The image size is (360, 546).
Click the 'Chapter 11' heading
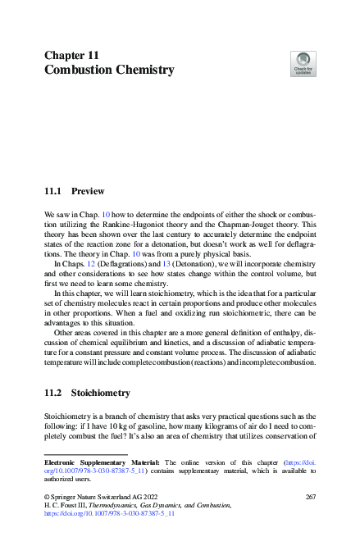pyautogui.click(x=72, y=55)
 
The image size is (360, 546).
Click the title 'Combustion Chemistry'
pyautogui.click(x=109, y=70)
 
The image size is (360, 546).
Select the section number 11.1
pyautogui.click(x=53, y=191)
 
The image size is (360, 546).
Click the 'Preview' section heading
pyautogui.click(x=88, y=191)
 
